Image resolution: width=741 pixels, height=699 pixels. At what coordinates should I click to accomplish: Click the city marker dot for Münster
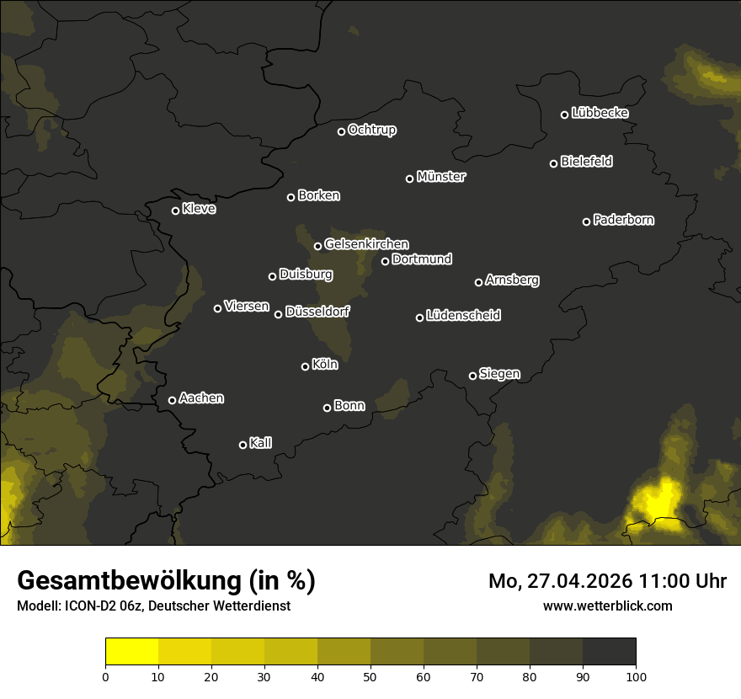(x=410, y=179)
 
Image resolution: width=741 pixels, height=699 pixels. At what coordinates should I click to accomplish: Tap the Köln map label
(x=325, y=365)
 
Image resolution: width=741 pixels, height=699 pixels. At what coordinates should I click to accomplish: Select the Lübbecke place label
(x=600, y=113)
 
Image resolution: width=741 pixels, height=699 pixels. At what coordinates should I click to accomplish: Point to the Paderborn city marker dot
(x=587, y=221)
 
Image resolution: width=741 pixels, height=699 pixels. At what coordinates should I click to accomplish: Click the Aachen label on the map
(x=201, y=398)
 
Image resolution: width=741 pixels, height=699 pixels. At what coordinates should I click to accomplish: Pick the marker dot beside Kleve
(x=176, y=211)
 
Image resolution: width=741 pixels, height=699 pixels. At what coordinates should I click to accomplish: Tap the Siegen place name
(x=499, y=374)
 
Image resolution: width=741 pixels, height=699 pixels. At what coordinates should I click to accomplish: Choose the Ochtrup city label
(x=371, y=131)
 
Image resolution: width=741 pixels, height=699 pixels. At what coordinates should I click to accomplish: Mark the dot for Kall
(x=243, y=445)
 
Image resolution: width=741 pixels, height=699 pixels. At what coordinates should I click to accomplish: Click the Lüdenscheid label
(x=463, y=316)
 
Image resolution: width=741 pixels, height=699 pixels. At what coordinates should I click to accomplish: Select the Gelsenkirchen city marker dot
(x=318, y=246)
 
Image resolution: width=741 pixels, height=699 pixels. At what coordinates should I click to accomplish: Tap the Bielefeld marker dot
(x=554, y=163)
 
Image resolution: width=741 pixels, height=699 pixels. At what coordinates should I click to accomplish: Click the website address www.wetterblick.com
(x=608, y=606)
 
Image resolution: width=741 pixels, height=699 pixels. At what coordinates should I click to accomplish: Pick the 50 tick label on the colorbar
(x=370, y=676)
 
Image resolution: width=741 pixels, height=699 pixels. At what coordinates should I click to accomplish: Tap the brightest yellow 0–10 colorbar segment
(x=132, y=652)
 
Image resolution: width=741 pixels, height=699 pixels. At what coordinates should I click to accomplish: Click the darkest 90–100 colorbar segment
(x=609, y=652)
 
